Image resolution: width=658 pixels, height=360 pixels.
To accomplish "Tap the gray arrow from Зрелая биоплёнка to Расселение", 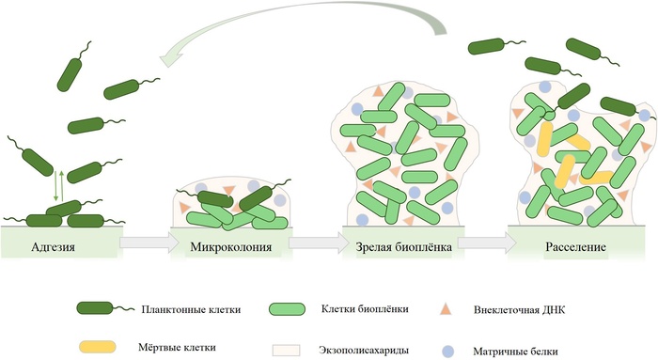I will click(484, 243).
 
